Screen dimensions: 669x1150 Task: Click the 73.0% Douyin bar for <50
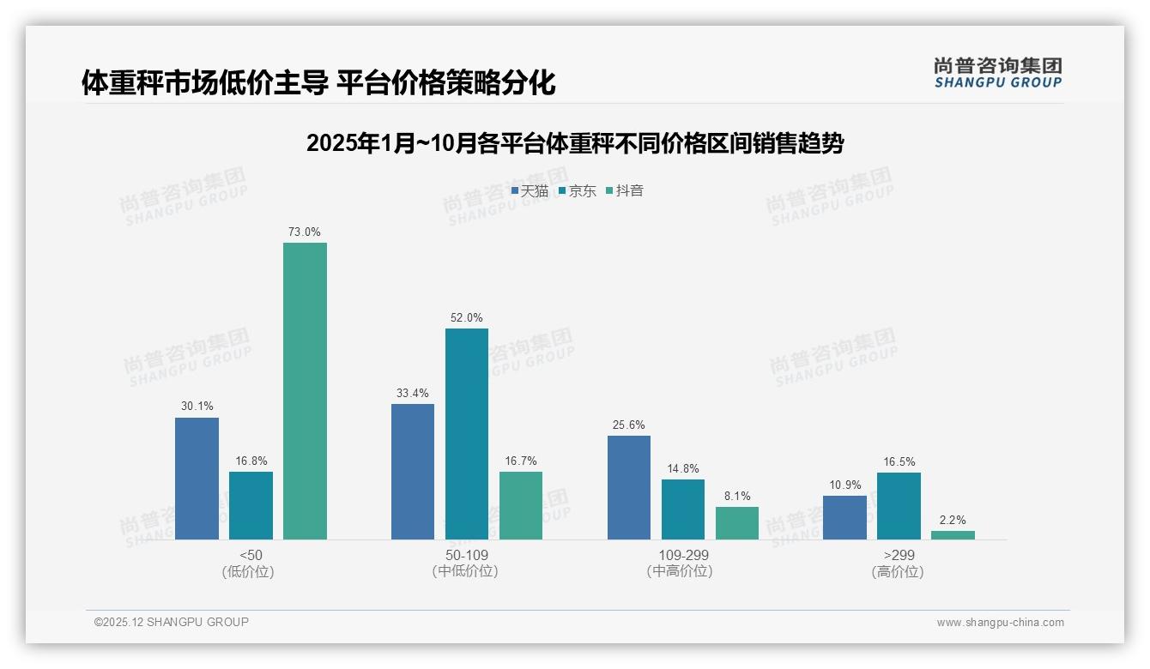[x=305, y=391]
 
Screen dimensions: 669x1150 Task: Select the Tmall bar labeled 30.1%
[x=197, y=479]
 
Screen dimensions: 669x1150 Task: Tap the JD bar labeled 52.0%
[x=467, y=434]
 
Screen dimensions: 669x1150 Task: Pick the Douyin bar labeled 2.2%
[x=953, y=535]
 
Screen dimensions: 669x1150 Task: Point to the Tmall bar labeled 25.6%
[x=629, y=487]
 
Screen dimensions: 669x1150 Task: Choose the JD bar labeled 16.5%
[x=899, y=506]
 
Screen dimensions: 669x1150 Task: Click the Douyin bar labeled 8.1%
[x=737, y=523]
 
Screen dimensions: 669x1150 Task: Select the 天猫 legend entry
[x=530, y=191]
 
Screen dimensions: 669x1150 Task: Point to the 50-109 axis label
[x=467, y=556]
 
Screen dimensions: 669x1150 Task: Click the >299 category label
[x=899, y=556]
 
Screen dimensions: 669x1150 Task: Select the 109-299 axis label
[x=683, y=556]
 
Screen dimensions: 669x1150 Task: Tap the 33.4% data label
[x=413, y=394]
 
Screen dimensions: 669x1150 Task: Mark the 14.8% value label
[x=683, y=469]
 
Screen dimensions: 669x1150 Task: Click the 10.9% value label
[x=844, y=485]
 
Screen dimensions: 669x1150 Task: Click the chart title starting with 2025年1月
[x=575, y=143]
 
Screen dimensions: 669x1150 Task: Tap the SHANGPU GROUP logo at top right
[x=998, y=73]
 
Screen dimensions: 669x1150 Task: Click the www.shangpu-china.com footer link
[x=1000, y=623]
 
